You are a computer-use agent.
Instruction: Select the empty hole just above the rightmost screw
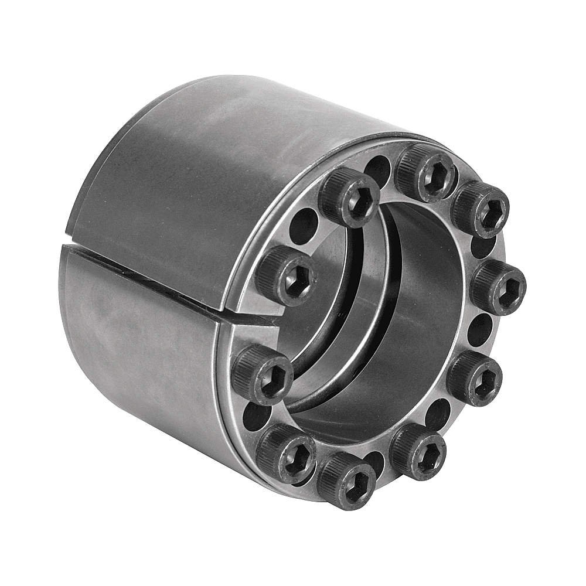pyautogui.click(x=483, y=247)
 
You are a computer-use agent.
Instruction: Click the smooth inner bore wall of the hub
pyautogui.click(x=422, y=328)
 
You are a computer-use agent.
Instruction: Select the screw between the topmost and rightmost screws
pyautogui.click(x=479, y=209)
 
